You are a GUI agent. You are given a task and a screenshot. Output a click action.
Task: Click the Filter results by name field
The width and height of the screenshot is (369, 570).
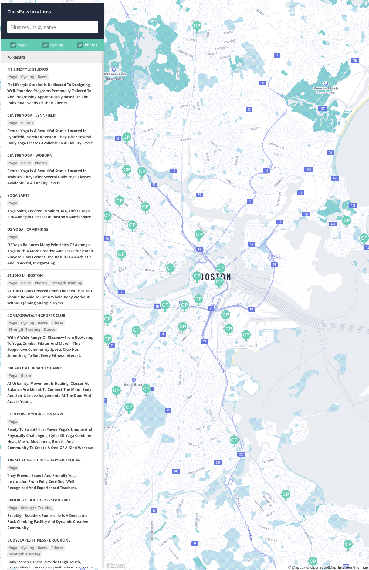coord(53,27)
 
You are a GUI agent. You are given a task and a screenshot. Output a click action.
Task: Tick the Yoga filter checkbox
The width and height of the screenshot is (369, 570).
coord(13,45)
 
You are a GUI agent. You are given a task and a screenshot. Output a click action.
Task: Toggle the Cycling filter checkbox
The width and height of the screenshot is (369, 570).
coord(46,45)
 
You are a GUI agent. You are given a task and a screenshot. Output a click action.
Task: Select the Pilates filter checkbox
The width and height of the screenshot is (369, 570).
coord(80,45)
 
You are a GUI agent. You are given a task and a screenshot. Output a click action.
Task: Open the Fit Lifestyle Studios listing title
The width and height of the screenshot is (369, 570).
coord(28,69)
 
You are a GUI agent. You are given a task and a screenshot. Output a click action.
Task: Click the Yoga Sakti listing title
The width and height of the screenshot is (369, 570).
coord(18,196)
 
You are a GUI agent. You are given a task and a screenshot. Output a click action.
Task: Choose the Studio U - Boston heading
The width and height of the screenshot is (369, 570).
coord(25,276)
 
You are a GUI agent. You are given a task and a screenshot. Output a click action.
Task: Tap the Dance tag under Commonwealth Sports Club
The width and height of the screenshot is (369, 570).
coord(49,330)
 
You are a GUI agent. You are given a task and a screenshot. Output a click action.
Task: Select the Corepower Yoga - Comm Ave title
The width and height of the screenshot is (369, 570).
coord(36,414)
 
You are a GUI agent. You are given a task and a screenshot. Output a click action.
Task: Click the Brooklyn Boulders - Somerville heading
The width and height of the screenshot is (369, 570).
coord(40,500)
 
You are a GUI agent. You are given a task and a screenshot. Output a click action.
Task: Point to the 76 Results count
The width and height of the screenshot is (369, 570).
coord(16,57)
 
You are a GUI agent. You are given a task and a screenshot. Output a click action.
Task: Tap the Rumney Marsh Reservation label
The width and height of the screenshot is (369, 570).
coord(326,91)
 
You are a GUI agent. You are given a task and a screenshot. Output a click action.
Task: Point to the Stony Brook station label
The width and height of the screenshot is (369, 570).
coord(133,385)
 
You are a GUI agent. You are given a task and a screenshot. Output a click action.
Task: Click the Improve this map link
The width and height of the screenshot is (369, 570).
coord(353,568)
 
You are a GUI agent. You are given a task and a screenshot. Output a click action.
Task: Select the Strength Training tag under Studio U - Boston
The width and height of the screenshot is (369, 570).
coord(66,283)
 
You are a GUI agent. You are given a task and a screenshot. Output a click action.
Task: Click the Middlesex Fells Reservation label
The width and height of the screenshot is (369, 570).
coord(115,76)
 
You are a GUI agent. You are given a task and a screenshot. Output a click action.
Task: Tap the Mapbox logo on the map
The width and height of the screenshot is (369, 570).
coord(116,565)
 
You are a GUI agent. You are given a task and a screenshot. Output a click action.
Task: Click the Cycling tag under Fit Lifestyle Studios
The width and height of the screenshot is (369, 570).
coord(27,77)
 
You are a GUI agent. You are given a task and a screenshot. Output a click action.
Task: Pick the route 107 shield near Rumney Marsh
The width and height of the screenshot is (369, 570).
coord(322,109)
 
